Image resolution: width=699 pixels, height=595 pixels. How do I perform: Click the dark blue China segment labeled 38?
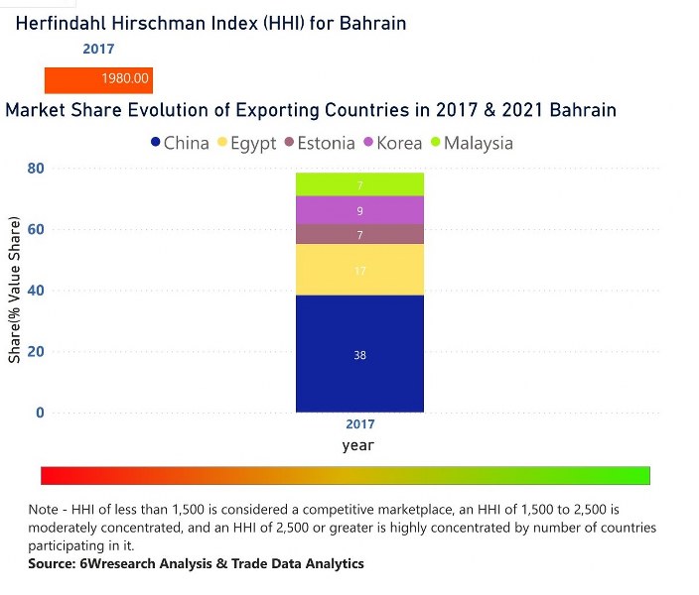[359, 354]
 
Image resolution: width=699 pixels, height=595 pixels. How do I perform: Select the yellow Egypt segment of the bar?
[359, 270]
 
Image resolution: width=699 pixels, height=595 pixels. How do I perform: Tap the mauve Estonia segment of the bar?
[359, 235]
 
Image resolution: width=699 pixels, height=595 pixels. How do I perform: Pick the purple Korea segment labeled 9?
[359, 210]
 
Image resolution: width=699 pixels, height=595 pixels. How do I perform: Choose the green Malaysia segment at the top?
[359, 185]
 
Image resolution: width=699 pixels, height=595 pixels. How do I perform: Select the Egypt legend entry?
[246, 143]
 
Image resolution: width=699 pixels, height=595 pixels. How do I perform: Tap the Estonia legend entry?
[319, 143]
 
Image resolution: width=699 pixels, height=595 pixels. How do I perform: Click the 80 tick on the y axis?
[36, 169]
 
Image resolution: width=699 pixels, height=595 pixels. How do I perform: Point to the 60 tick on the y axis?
[36, 229]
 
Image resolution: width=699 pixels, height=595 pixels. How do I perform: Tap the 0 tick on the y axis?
[40, 413]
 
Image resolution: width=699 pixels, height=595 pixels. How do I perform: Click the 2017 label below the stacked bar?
[359, 424]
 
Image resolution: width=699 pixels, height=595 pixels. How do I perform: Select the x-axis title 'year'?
[358, 445]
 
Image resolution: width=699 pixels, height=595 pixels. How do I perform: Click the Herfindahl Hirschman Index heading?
[210, 23]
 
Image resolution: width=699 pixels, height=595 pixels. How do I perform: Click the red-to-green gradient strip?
[346, 475]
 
